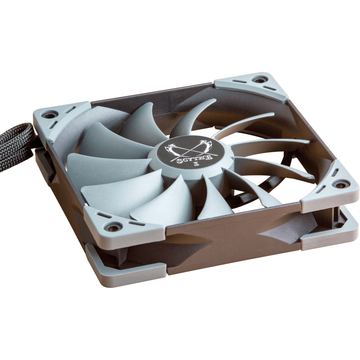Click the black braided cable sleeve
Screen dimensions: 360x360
[x=16, y=140]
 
